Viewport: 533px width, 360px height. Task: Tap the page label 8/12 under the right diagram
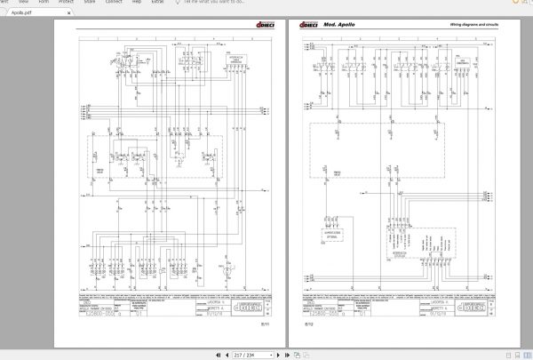(310, 324)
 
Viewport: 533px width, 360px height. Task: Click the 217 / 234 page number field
(240, 355)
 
